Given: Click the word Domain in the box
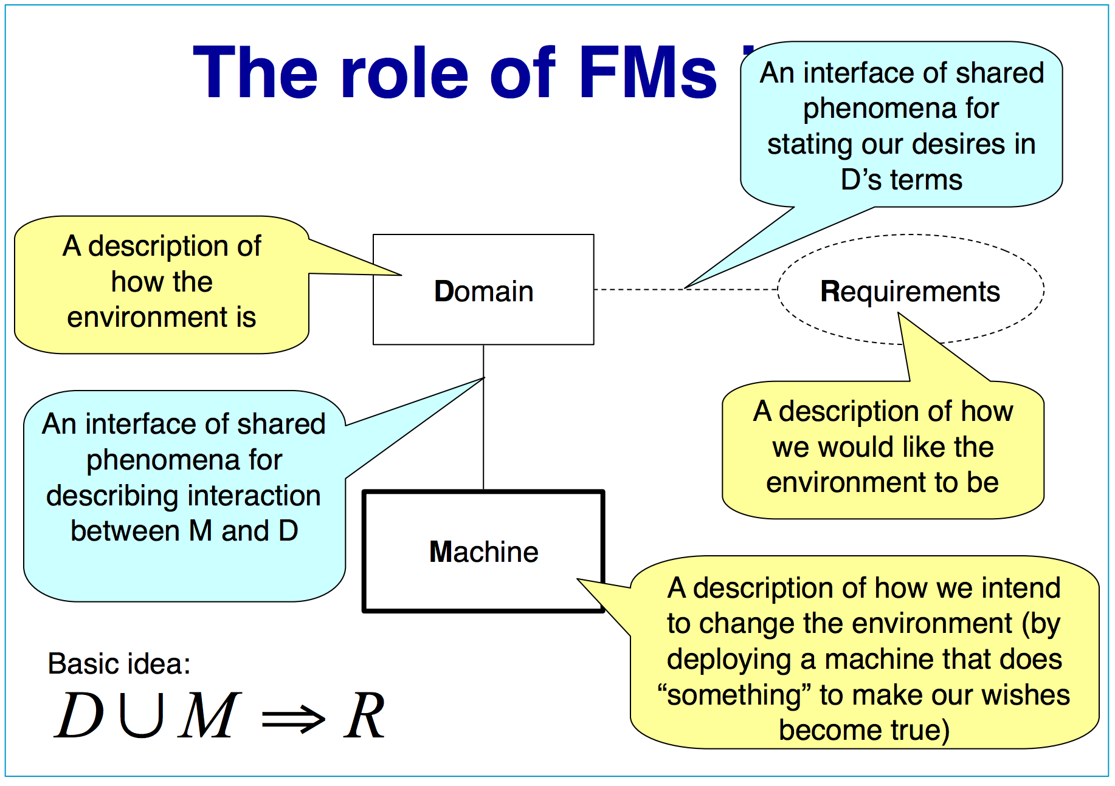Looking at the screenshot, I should tap(483, 292).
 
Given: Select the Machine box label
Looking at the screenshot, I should tap(483, 552).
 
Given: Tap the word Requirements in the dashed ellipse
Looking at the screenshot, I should tap(910, 292).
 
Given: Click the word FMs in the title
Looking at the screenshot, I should tap(647, 73).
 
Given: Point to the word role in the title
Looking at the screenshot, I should tap(404, 73).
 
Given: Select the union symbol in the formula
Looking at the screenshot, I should tap(142, 716).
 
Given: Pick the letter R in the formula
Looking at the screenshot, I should tap(364, 717).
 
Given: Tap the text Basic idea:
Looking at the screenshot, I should tap(119, 664).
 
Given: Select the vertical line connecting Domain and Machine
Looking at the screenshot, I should tap(483, 437).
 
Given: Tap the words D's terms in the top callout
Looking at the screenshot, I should tap(901, 180).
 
